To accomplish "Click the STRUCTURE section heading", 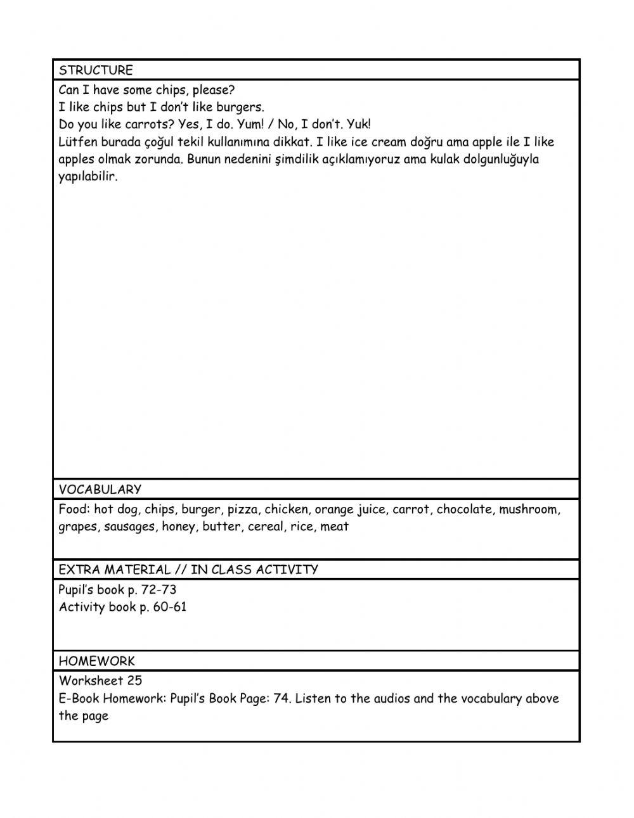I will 96,70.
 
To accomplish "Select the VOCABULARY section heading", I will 100,489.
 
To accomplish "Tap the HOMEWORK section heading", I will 96,661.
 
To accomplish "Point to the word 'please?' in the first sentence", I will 214,90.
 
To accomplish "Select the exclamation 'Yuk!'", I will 359,124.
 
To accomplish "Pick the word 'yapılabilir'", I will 88,177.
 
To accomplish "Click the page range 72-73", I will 158,590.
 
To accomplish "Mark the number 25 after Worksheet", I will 134,681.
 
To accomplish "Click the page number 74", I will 281,699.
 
